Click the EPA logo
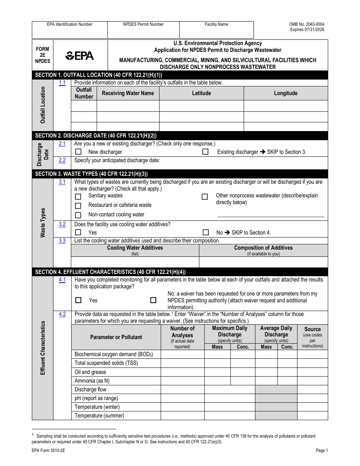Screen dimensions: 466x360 80,56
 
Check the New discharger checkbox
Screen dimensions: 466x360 78,152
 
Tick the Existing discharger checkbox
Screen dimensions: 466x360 205,152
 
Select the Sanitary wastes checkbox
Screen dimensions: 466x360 78,197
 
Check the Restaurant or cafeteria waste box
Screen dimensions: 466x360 78,206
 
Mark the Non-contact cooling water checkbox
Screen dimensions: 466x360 78,215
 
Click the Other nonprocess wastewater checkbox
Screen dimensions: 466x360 205,197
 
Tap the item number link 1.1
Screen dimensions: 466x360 62,83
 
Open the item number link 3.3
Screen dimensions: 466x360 62,241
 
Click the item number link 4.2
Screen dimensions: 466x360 62,314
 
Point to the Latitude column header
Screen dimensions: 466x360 201,93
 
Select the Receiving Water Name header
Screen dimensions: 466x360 128,93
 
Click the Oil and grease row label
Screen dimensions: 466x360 90,372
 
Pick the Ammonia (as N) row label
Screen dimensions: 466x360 92,381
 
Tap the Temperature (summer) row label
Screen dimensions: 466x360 99,416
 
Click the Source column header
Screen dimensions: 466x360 312,329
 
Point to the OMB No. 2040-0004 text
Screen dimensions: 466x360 307,24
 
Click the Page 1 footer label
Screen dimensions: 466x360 322,450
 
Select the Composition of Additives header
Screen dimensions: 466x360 263,248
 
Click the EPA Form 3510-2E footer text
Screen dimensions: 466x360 48,450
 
